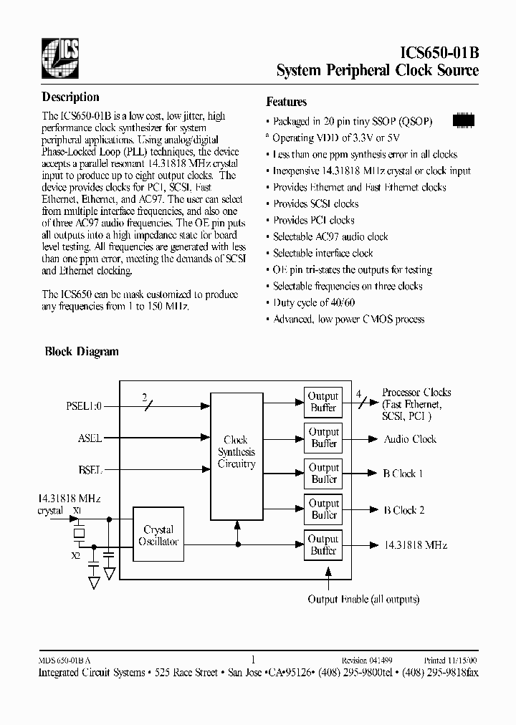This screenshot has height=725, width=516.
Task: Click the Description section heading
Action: tap(70, 97)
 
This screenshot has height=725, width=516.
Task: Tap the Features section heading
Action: tap(286, 102)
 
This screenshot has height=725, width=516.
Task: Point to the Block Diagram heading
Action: tap(82, 352)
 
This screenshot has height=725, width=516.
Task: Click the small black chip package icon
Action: tap(464, 120)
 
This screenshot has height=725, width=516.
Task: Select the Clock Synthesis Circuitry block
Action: tap(236, 452)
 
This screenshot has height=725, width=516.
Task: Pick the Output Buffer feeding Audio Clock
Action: tap(323, 438)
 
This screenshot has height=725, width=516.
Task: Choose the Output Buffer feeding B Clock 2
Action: tap(323, 509)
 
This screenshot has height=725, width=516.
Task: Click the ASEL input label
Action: tap(90, 438)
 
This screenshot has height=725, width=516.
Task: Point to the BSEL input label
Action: tap(90, 471)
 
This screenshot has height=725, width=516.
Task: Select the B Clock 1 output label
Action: tap(403, 474)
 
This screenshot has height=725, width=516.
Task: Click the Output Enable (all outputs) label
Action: tap(363, 600)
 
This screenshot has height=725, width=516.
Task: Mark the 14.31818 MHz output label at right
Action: tap(415, 545)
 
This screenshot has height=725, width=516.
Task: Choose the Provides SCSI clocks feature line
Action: tap(315, 204)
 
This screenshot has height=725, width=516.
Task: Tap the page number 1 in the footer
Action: tap(254, 660)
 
